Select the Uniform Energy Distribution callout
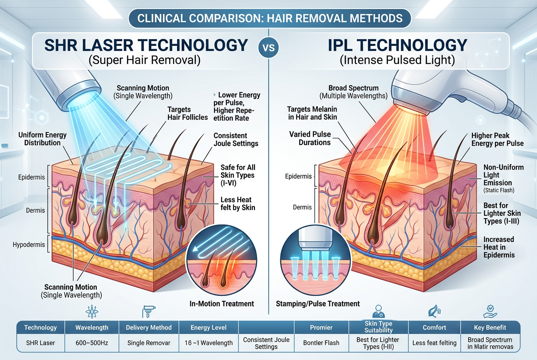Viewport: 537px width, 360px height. pos(42,139)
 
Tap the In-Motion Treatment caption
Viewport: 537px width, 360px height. pos(221,304)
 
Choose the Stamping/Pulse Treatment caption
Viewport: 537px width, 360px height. pos(318,304)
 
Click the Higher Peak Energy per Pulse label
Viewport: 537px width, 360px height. pos(497,139)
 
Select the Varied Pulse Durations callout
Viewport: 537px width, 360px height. pos(310,138)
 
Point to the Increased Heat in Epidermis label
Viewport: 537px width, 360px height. pos(499,247)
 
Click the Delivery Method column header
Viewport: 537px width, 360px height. pos(149,327)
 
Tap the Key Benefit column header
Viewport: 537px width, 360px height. pos(490,327)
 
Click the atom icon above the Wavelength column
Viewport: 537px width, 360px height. pos(92,312)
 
